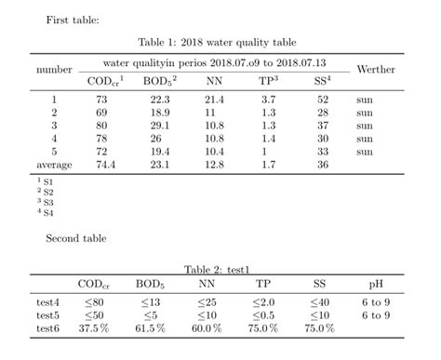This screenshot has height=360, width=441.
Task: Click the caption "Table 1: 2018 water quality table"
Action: pos(217,42)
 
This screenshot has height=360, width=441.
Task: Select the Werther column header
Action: pos(376,70)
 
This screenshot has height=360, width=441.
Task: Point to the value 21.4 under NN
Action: pos(215,99)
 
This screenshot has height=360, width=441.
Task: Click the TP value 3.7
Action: pos(269,99)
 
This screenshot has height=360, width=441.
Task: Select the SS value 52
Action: pos(323,99)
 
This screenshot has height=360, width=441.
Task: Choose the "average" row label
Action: pos(54,164)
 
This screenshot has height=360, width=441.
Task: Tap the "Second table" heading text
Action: pos(76,238)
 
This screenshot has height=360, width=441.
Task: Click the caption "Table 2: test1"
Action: pos(217,269)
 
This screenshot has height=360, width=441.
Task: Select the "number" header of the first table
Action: pos(54,70)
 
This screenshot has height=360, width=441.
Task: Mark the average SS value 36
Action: pos(323,164)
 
